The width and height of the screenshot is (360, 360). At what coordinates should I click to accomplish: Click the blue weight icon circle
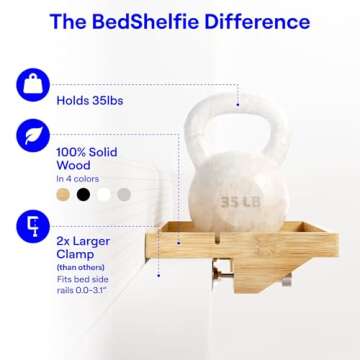(33, 85)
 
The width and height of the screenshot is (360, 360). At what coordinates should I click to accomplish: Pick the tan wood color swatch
(65, 195)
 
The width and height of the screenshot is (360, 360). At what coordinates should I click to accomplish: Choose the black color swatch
(84, 195)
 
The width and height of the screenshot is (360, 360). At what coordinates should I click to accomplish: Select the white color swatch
(103, 195)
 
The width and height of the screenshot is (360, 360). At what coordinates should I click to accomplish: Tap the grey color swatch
(122, 195)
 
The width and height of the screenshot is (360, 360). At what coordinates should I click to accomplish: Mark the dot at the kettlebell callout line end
(237, 101)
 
